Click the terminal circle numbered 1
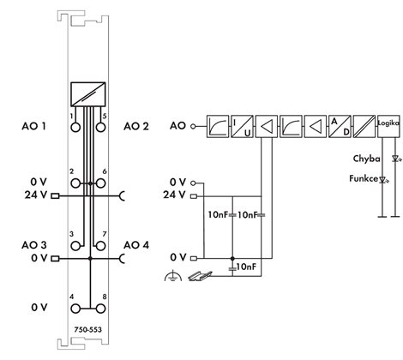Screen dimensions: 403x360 [75, 127]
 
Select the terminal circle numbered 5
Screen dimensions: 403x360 [100, 127]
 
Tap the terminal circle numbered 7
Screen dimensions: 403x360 [100, 246]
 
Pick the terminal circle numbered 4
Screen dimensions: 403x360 [75, 309]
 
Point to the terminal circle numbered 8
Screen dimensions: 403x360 [100, 309]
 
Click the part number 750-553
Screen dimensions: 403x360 [88, 329]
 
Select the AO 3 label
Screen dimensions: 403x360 [33, 245]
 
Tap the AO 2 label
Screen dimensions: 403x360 [136, 126]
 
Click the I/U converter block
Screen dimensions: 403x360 [242, 127]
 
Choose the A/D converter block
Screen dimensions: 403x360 [340, 127]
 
